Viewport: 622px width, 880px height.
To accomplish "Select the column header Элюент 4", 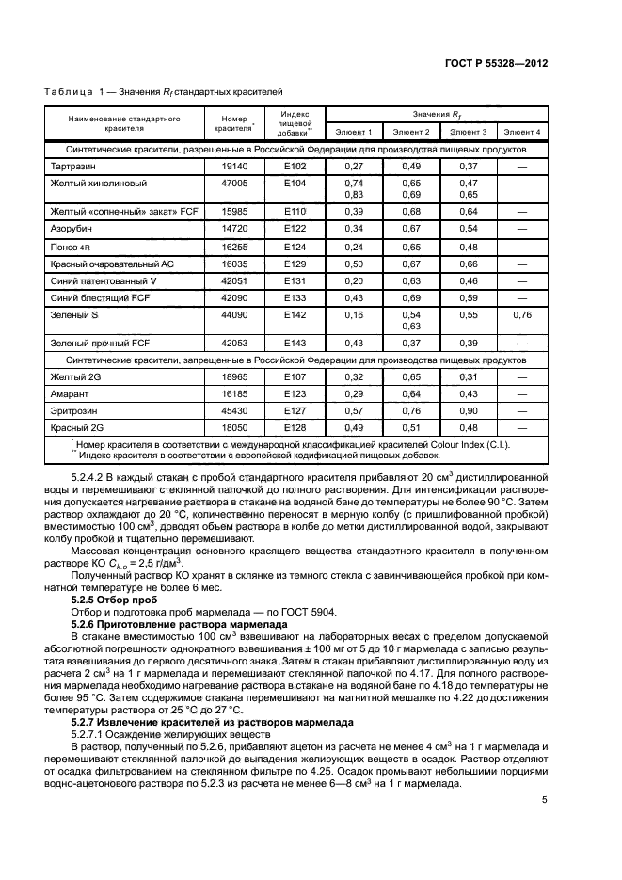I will (522, 132).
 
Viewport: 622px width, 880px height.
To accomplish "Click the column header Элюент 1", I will (354, 132).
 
